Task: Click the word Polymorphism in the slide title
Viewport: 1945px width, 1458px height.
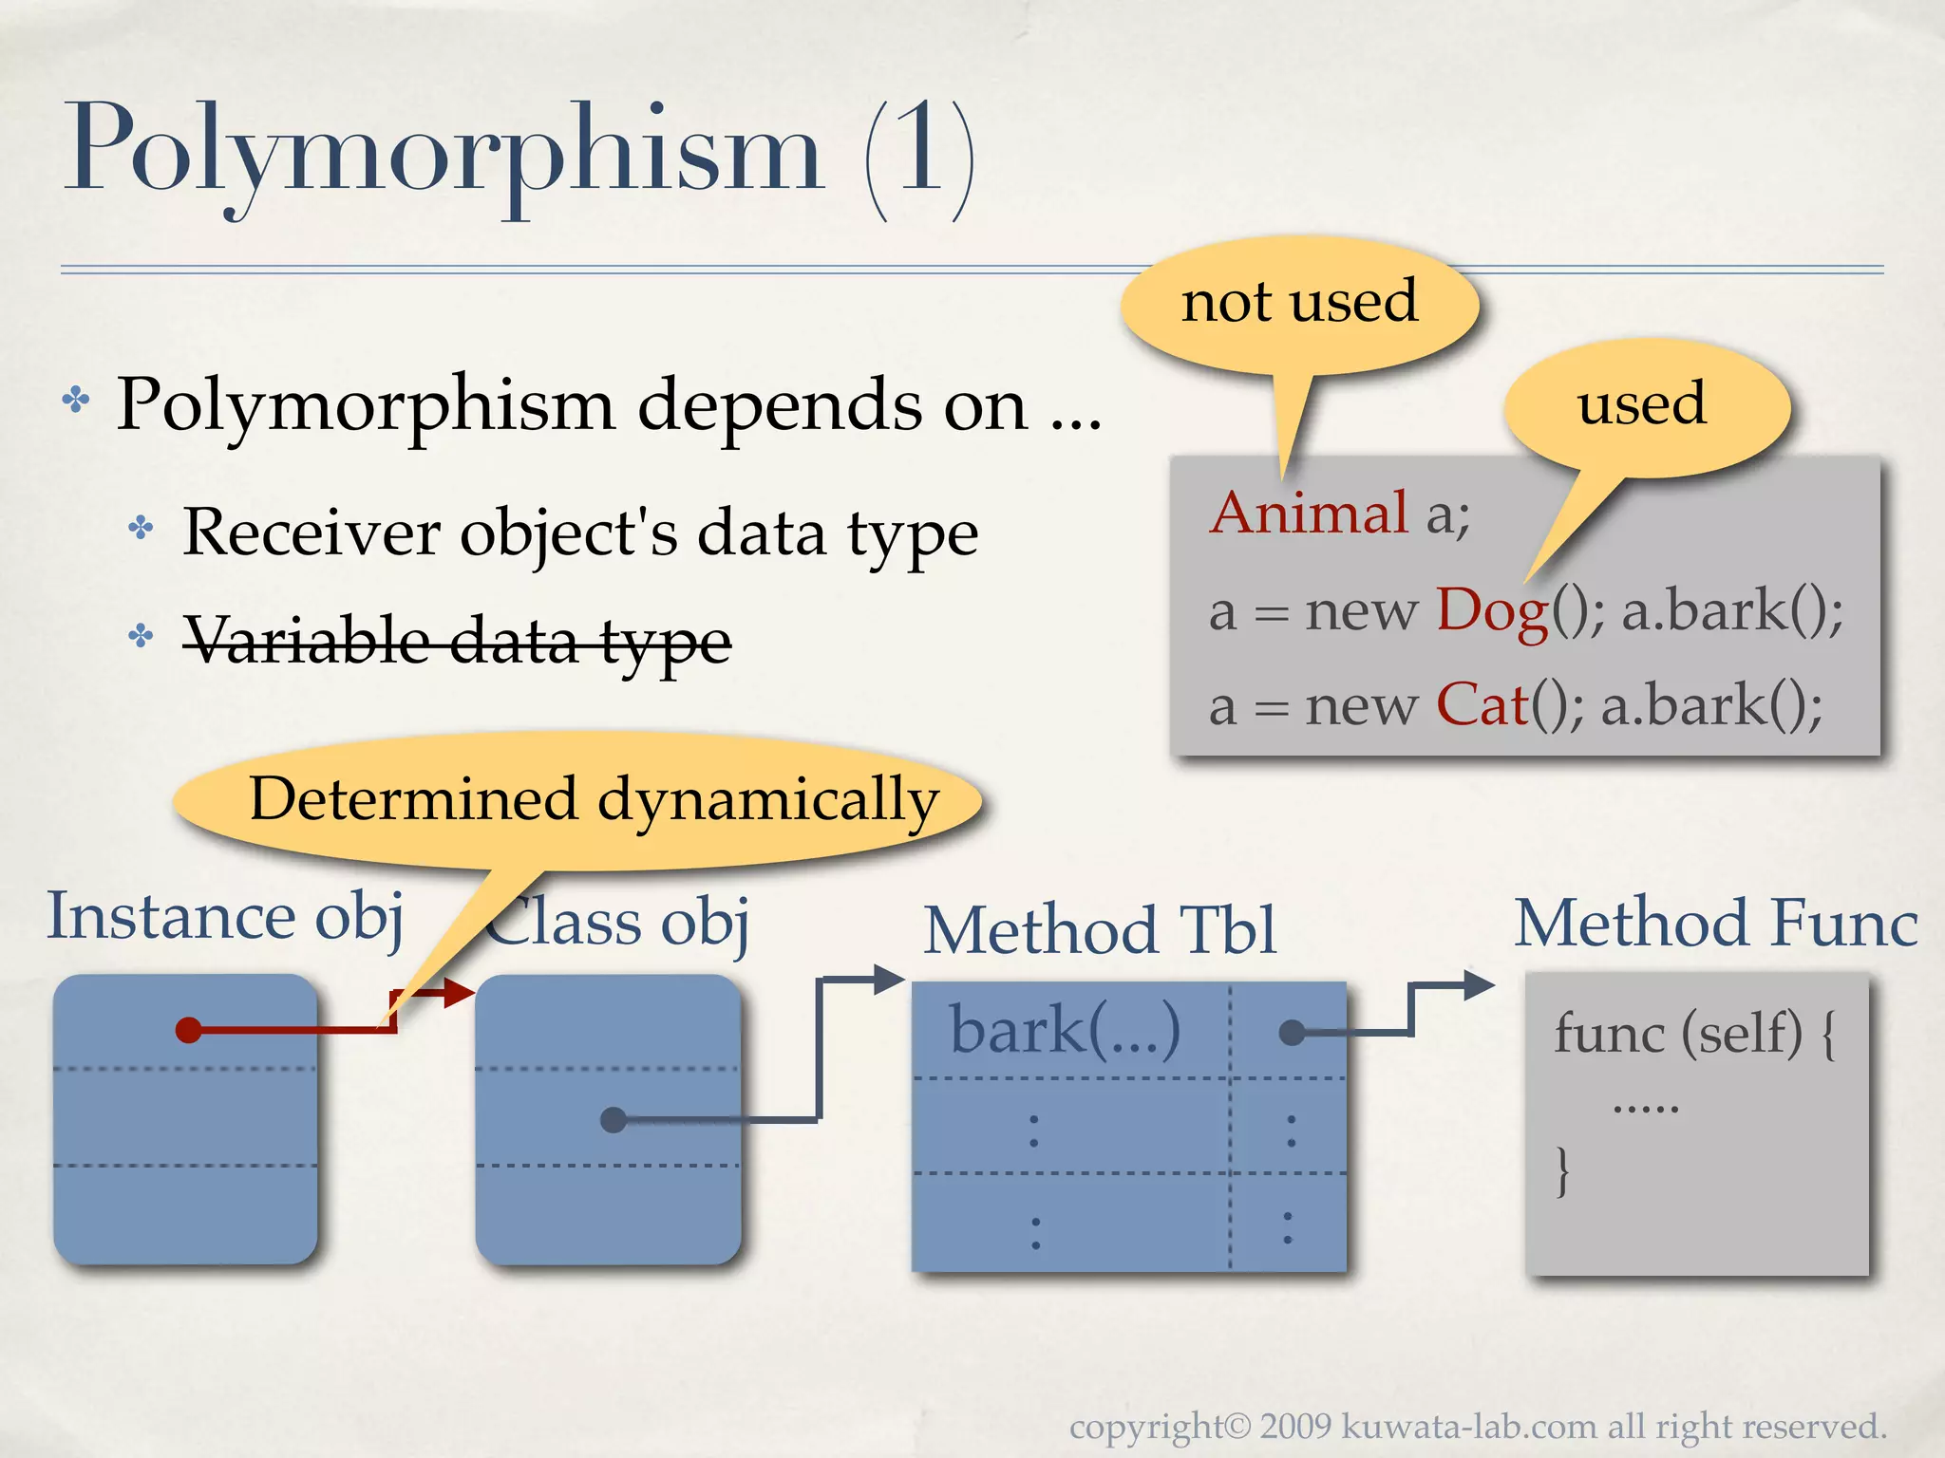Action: pos(443,152)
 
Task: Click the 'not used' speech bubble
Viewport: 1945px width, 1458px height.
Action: pos(1299,302)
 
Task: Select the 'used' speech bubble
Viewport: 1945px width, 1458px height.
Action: pos(1643,404)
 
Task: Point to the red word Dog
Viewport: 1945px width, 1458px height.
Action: pos(1491,609)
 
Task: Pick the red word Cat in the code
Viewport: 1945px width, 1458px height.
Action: pos(1482,704)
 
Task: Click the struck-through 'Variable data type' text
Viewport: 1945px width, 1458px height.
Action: pos(456,640)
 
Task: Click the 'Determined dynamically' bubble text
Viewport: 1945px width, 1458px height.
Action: pos(594,799)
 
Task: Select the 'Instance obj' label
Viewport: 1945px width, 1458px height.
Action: pos(226,917)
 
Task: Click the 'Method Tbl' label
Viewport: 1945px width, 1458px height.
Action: pos(1100,929)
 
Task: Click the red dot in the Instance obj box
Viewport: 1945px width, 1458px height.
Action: pos(189,1030)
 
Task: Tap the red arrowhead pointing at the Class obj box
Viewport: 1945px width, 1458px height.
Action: pos(460,994)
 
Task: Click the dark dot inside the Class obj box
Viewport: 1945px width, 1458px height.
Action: pos(614,1120)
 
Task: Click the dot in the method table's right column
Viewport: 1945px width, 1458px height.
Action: pos(1291,1033)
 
